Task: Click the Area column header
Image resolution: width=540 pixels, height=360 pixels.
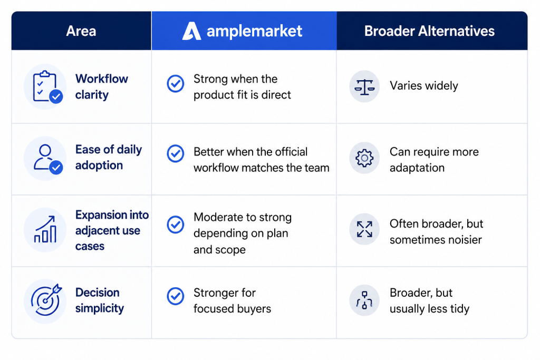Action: pyautogui.click(x=81, y=31)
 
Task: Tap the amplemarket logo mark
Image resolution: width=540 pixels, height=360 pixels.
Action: pyautogui.click(x=191, y=31)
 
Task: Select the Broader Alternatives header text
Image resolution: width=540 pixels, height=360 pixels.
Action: pyautogui.click(x=429, y=31)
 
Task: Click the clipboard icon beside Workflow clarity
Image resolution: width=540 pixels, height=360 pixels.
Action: pyautogui.click(x=45, y=86)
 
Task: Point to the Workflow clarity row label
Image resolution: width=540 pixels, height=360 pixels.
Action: pyautogui.click(x=102, y=87)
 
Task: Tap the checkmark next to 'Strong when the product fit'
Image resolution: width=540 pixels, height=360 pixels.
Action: pyautogui.click(x=176, y=84)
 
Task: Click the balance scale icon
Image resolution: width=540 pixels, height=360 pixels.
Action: pyautogui.click(x=364, y=86)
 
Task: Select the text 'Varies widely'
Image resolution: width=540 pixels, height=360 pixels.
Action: pyautogui.click(x=424, y=86)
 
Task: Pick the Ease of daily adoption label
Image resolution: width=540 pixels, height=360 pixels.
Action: pyautogui.click(x=109, y=157)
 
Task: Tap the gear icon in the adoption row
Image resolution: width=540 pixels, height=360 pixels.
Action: pyautogui.click(x=364, y=158)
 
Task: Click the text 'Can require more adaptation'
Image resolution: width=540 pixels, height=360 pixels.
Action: pyautogui.click(x=435, y=160)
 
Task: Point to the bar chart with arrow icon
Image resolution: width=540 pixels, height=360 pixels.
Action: pyautogui.click(x=45, y=230)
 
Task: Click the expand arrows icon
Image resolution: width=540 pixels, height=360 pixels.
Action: pyautogui.click(x=364, y=229)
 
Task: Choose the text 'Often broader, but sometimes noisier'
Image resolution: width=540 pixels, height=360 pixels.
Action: pyautogui.click(x=436, y=231)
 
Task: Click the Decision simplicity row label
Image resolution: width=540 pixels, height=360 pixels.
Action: pyautogui.click(x=100, y=300)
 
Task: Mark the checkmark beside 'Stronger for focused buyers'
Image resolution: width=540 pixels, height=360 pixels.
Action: pyautogui.click(x=176, y=296)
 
